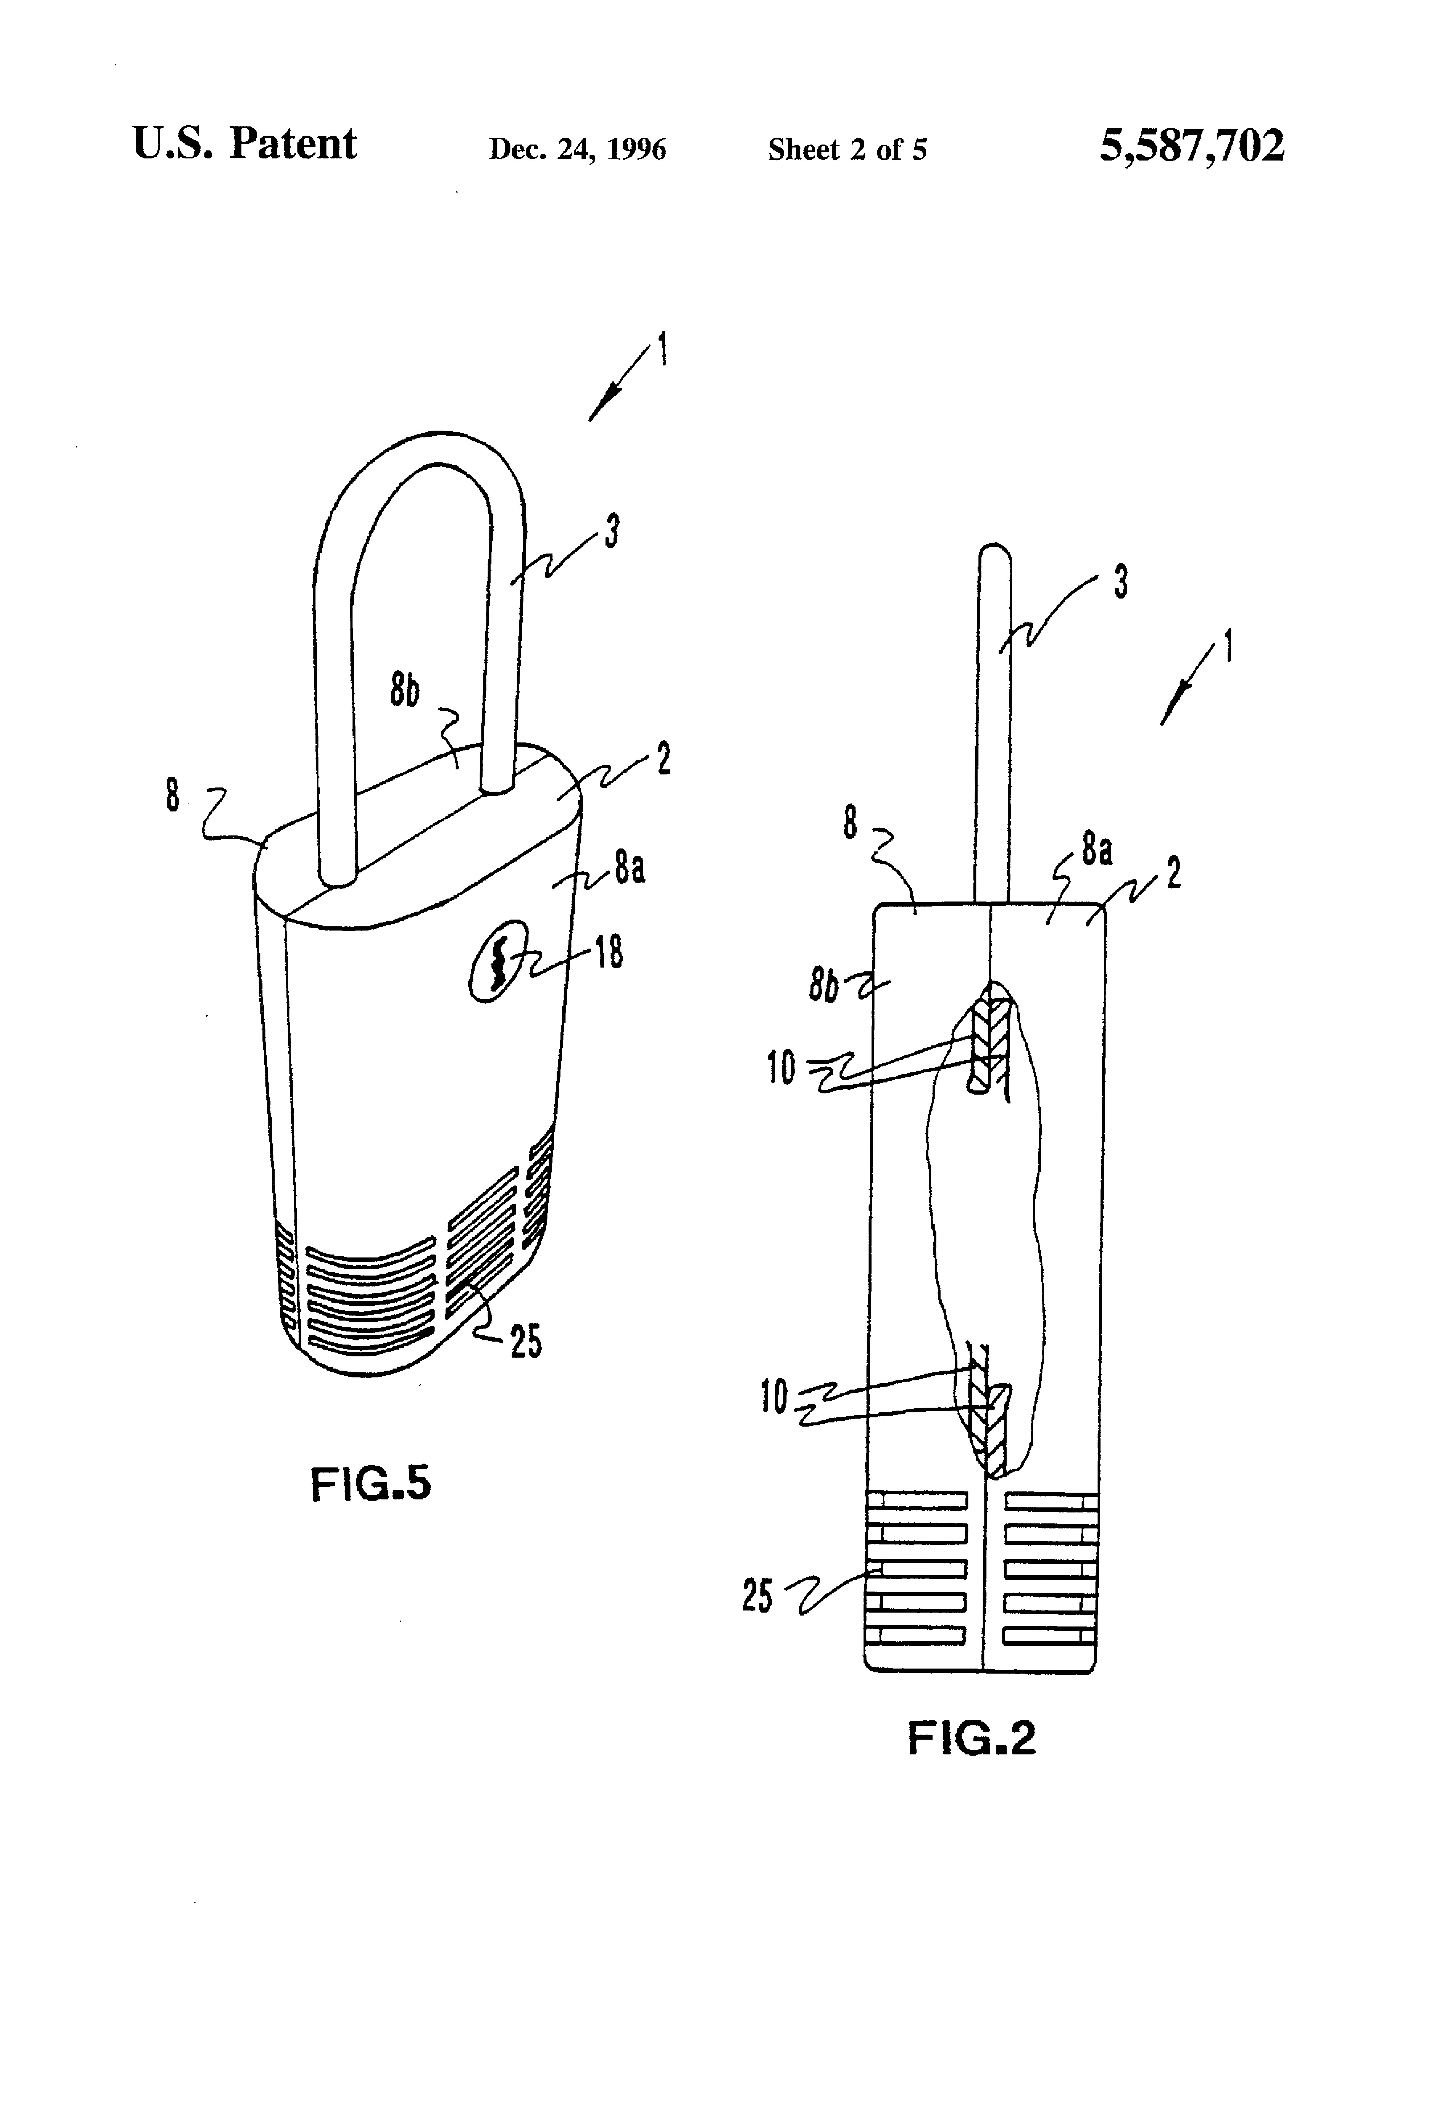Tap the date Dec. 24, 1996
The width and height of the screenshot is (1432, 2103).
point(577,149)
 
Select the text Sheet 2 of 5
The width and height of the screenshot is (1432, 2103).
point(847,149)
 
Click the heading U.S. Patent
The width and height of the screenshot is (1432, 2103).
point(244,144)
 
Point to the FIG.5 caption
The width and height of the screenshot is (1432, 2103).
point(370,1485)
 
